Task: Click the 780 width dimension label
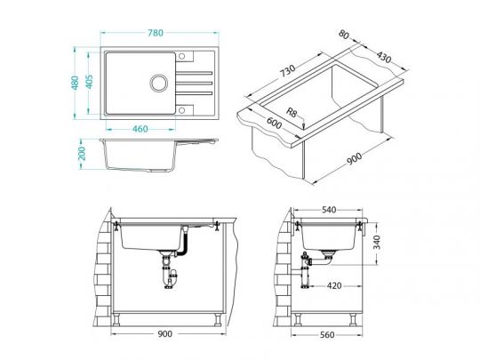click(156, 33)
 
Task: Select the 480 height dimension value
click(75, 83)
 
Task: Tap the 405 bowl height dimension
click(89, 82)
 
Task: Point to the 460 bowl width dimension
click(140, 129)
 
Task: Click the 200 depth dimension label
click(82, 154)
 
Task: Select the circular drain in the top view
click(159, 83)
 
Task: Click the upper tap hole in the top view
click(181, 56)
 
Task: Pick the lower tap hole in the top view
click(181, 110)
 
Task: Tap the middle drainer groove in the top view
click(194, 83)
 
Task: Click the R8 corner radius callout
click(292, 112)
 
